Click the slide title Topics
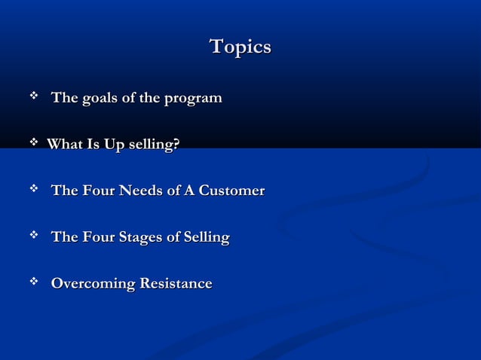pos(240,47)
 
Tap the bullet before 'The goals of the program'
pos(33,97)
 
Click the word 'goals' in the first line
pos(97,99)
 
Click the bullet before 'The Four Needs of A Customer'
pos(33,191)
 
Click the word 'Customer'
pos(230,191)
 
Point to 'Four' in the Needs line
pos(97,191)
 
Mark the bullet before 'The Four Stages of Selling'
pos(33,237)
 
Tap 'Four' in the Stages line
pos(97,238)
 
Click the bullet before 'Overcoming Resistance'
pos(33,283)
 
